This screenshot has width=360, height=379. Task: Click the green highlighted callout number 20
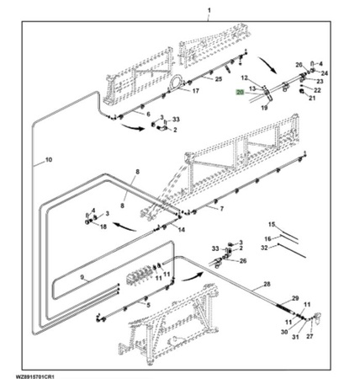(x=241, y=93)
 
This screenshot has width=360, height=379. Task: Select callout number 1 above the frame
(x=209, y=11)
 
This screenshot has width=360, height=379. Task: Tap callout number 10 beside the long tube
(x=49, y=160)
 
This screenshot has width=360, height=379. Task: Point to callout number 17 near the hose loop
(x=195, y=91)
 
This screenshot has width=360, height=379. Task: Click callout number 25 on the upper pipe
(x=219, y=79)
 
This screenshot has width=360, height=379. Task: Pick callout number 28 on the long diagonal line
(x=267, y=284)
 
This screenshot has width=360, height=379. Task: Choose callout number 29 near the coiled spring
(x=295, y=298)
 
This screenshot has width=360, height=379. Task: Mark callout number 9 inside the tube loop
(x=82, y=277)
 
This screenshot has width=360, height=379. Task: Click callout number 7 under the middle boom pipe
(x=222, y=209)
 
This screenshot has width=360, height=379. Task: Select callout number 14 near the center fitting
(x=182, y=230)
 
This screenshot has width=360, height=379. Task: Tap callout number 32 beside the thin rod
(x=264, y=248)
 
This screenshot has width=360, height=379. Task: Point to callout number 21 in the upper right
(x=312, y=99)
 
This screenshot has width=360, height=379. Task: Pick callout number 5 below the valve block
(x=148, y=305)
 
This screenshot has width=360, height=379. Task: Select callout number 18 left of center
(x=103, y=227)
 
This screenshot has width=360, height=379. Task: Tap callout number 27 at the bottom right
(x=310, y=336)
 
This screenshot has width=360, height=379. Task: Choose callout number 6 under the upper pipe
(x=148, y=115)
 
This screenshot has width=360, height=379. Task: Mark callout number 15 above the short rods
(x=272, y=224)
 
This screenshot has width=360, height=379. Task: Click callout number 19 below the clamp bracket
(x=264, y=108)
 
